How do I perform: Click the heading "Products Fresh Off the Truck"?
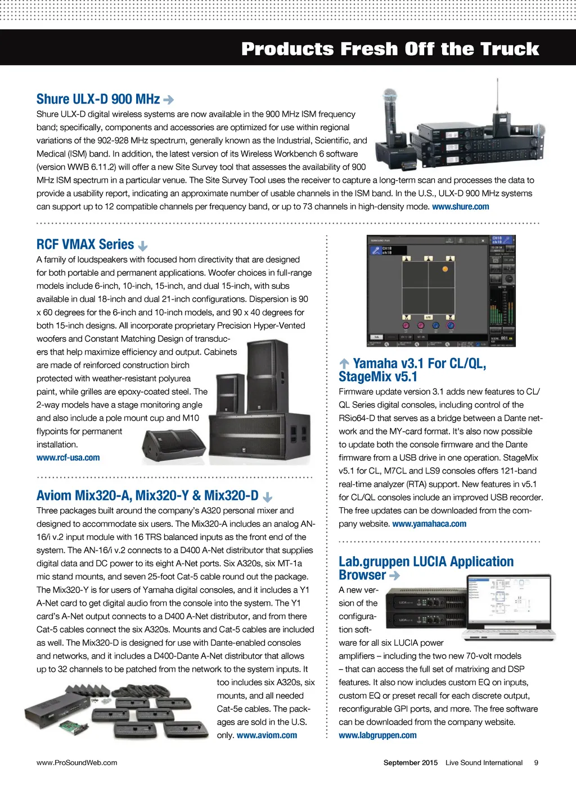coord(390,49)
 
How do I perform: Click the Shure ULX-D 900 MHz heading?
coord(98,100)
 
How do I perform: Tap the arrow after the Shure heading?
coord(168,100)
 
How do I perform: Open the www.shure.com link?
coord(460,207)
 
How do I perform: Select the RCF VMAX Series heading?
coord(85,244)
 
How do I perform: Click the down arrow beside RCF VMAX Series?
coord(143,246)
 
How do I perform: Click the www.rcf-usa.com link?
coord(68,458)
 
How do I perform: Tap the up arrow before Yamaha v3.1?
coord(344,364)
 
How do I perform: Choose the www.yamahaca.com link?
coord(429,524)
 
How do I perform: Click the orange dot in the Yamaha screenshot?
coord(445,269)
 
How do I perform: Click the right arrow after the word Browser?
coord(394,575)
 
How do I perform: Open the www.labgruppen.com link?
coord(377,735)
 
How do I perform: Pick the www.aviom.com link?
coord(267,735)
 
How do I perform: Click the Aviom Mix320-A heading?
coord(147,496)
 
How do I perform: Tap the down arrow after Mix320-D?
coord(268,497)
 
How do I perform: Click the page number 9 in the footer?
coord(536,763)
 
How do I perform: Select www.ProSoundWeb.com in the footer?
coord(77,763)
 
